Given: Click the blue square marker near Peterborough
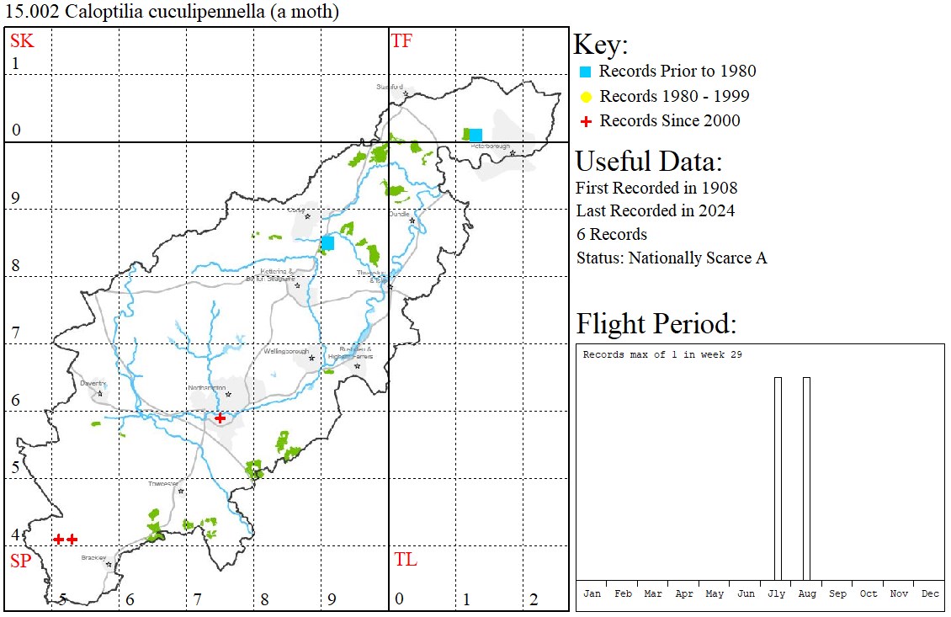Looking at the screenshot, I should pyautogui.click(x=475, y=135).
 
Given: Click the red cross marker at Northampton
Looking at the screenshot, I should pyautogui.click(x=220, y=418).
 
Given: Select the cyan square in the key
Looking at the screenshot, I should pyautogui.click(x=586, y=72).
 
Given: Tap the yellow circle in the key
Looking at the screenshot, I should pyautogui.click(x=586, y=97).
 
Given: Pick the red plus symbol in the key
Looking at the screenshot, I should pyautogui.click(x=586, y=121).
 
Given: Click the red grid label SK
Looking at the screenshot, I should pyautogui.click(x=22, y=40).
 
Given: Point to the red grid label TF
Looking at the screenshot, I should pyautogui.click(x=402, y=40).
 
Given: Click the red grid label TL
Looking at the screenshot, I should pyautogui.click(x=405, y=560).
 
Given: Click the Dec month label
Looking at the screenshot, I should pyautogui.click(x=930, y=593).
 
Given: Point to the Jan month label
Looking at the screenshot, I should pyautogui.click(x=592, y=593).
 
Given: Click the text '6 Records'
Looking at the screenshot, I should pyautogui.click(x=612, y=234).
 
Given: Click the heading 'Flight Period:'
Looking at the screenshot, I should pyautogui.click(x=656, y=324).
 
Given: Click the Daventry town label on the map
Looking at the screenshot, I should pyautogui.click(x=92, y=383).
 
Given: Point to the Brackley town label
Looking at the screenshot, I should pyautogui.click(x=93, y=558).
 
